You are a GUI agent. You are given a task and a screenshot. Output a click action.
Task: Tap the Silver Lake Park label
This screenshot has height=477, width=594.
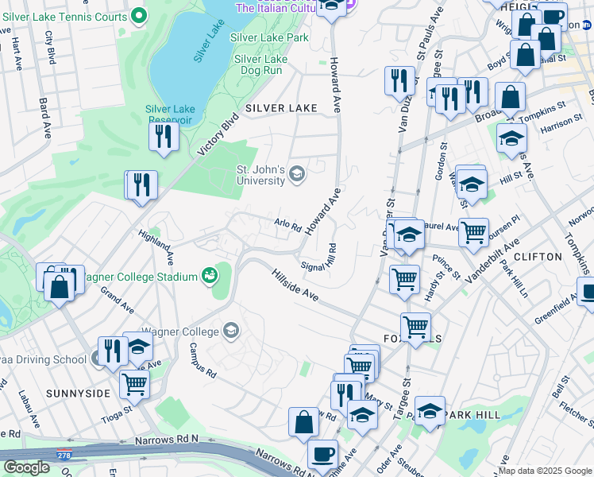click(268, 37)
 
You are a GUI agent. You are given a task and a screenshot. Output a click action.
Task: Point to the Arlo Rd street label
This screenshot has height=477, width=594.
click(287, 226)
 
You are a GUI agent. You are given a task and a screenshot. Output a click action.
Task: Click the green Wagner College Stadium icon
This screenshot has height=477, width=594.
click(210, 277)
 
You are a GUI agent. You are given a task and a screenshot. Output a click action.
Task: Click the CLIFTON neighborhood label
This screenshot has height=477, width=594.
click(538, 257)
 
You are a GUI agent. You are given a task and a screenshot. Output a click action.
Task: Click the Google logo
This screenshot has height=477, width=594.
click(26, 467)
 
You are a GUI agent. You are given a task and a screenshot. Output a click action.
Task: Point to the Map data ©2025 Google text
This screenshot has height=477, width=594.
click(545, 471)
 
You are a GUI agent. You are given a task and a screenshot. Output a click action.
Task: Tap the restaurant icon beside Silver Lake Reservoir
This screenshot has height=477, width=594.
click(164, 137)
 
